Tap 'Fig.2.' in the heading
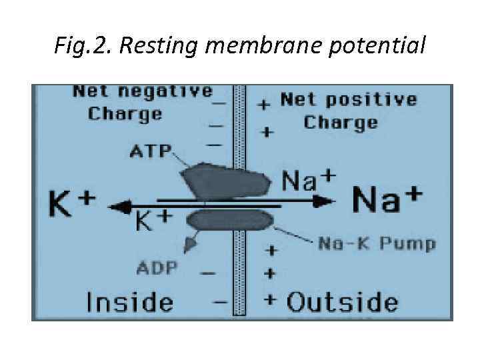click(x=78, y=46)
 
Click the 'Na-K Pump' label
click(x=377, y=243)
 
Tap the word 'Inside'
click(x=130, y=301)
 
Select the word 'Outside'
click(x=343, y=302)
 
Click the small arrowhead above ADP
click(x=191, y=245)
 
